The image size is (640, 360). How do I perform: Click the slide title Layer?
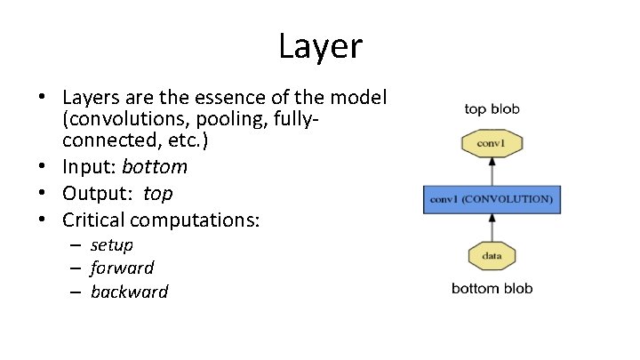click(x=320, y=46)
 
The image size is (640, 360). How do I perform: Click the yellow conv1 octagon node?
click(x=492, y=143)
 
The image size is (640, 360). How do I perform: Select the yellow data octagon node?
click(x=492, y=256)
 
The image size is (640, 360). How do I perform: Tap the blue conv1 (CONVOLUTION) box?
click(x=492, y=199)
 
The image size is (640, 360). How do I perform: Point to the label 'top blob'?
click(x=492, y=109)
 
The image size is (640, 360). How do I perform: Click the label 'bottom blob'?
click(x=492, y=288)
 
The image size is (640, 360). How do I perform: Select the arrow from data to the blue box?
click(x=492, y=227)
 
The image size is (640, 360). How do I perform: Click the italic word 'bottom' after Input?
click(x=155, y=167)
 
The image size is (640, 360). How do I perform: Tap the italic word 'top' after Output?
click(x=158, y=193)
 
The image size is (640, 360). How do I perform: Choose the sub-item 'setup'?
click(x=112, y=244)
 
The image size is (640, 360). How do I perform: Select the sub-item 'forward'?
click(x=123, y=268)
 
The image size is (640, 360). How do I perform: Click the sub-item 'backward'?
click(x=130, y=292)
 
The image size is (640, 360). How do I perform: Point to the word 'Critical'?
click(x=95, y=219)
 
